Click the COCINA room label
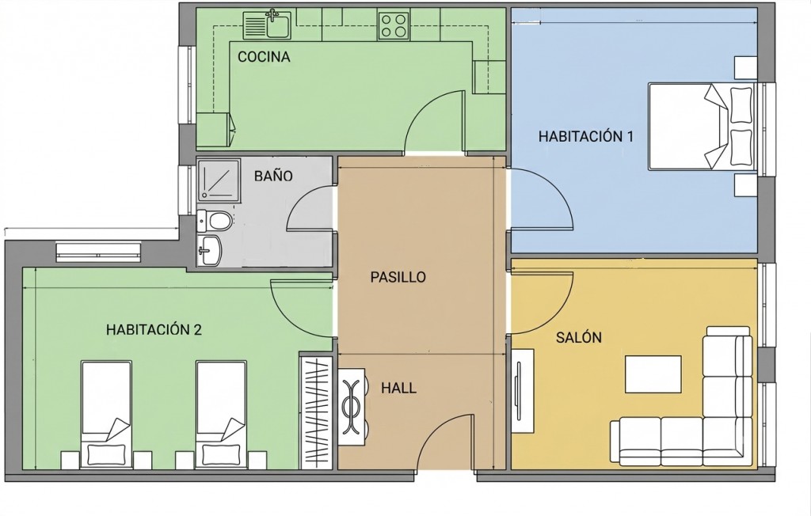tap(264, 57)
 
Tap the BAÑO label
tap(273, 176)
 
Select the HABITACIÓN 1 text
tap(586, 136)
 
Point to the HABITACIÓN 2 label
tap(154, 329)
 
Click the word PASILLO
tap(398, 277)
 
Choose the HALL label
tap(399, 388)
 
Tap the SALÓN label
tap(579, 338)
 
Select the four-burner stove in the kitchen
tap(393, 26)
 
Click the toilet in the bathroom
tap(214, 221)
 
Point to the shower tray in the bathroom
tap(219, 180)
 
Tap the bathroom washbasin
tap(209, 250)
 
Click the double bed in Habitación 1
tap(702, 126)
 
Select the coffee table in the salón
tap(653, 374)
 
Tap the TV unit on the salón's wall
tap(523, 391)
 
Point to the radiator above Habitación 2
tap(98, 251)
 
